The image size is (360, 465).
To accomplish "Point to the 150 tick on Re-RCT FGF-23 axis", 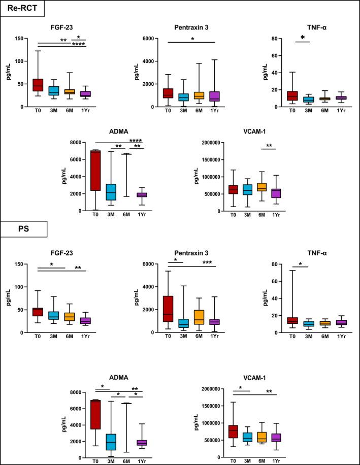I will click(21, 39).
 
